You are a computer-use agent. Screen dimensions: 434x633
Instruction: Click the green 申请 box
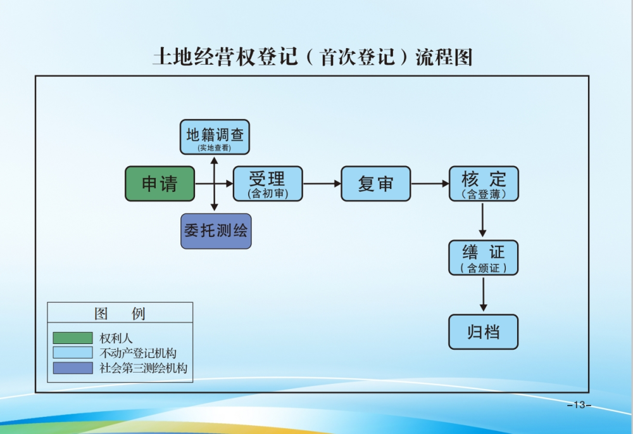[160, 184]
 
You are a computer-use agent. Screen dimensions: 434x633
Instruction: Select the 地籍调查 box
[215, 137]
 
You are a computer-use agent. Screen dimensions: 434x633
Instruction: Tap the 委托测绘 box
[215, 231]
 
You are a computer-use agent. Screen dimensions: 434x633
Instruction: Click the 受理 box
[268, 184]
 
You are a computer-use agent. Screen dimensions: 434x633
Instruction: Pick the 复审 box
[375, 184]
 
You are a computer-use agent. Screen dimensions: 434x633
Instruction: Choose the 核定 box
[484, 184]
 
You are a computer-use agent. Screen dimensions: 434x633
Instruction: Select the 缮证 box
[484, 257]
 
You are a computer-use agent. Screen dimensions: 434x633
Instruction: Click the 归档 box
[484, 332]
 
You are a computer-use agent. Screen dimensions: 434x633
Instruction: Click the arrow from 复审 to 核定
[430, 184]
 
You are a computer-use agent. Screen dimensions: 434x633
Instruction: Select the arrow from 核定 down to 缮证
[484, 220]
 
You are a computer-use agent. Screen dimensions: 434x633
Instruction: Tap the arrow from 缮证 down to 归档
[484, 294]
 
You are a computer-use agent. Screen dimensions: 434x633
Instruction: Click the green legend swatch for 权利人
[72, 338]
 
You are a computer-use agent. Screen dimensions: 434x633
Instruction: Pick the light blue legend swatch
[72, 353]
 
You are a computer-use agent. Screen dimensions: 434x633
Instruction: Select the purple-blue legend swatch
[72, 368]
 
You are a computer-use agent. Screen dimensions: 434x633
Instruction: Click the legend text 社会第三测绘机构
[144, 368]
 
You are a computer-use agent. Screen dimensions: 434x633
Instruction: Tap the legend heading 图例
[120, 314]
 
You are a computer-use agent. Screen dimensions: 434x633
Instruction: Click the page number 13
[579, 405]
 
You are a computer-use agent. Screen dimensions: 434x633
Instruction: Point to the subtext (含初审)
[268, 195]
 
